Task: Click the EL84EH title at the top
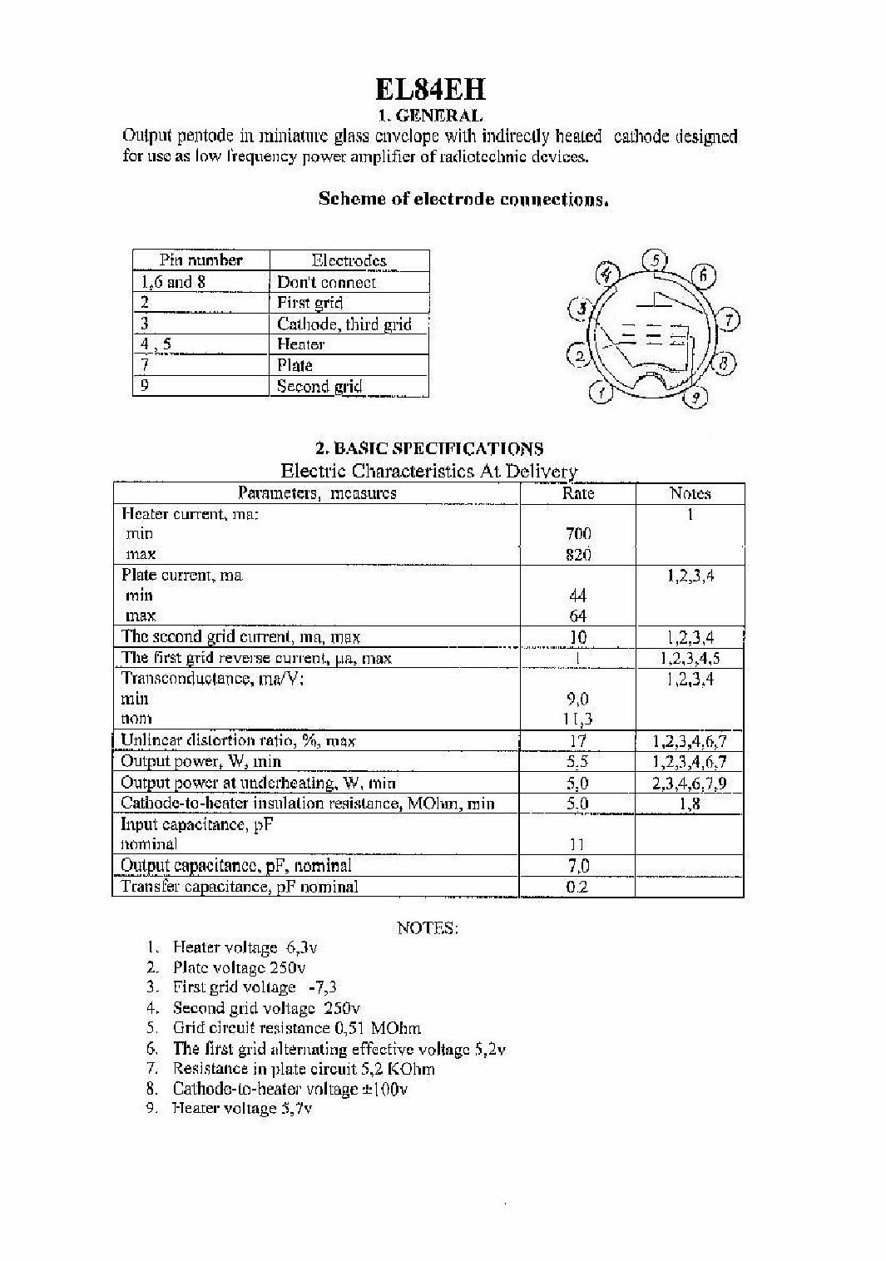click(x=429, y=89)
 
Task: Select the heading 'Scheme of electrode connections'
click(x=463, y=199)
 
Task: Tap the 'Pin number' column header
click(x=200, y=260)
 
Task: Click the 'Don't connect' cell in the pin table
click(x=326, y=282)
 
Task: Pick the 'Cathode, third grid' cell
click(x=344, y=324)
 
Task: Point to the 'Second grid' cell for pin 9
click(x=319, y=386)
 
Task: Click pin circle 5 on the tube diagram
click(x=657, y=261)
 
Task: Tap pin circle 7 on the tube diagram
click(x=729, y=319)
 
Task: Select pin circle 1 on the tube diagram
click(x=601, y=392)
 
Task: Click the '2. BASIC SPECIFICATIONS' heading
click(x=428, y=449)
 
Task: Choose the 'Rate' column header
click(x=578, y=493)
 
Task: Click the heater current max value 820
click(x=578, y=555)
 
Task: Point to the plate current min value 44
click(x=578, y=596)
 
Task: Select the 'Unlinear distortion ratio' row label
click(x=238, y=740)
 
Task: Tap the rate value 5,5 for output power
click(x=578, y=761)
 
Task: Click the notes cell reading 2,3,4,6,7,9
click(x=690, y=783)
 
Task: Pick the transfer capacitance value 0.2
click(x=577, y=887)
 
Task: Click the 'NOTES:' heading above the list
click(x=428, y=927)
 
